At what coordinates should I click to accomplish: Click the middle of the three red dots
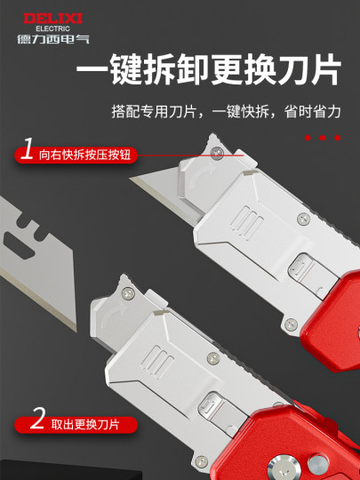coord(323,138)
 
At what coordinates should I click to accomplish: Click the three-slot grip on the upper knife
coord(245,219)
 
